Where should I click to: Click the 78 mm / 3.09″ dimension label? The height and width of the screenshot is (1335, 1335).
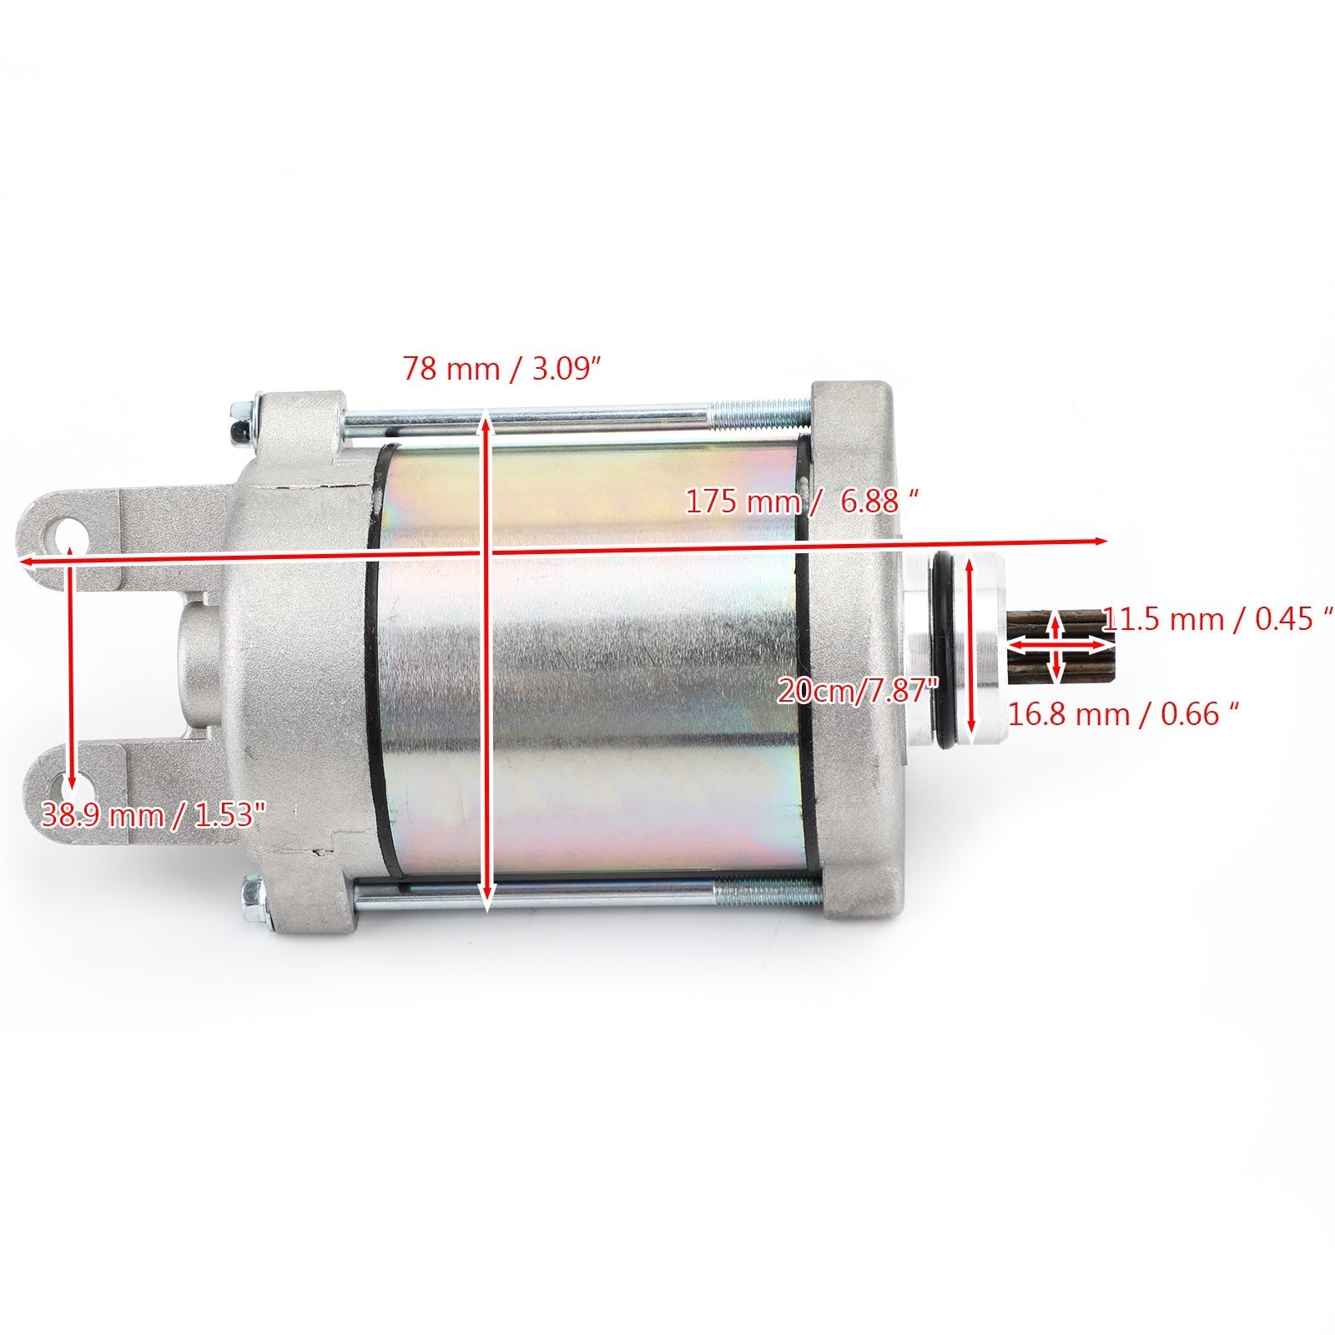(502, 368)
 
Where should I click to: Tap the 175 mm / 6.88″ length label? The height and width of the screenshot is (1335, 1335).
(803, 501)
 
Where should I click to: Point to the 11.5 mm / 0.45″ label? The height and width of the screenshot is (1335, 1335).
(1217, 621)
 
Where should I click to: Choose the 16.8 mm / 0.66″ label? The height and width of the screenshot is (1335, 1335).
(1122, 714)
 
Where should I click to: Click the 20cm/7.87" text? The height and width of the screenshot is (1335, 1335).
(858, 690)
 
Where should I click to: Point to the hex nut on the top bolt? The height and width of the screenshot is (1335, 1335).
(238, 428)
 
